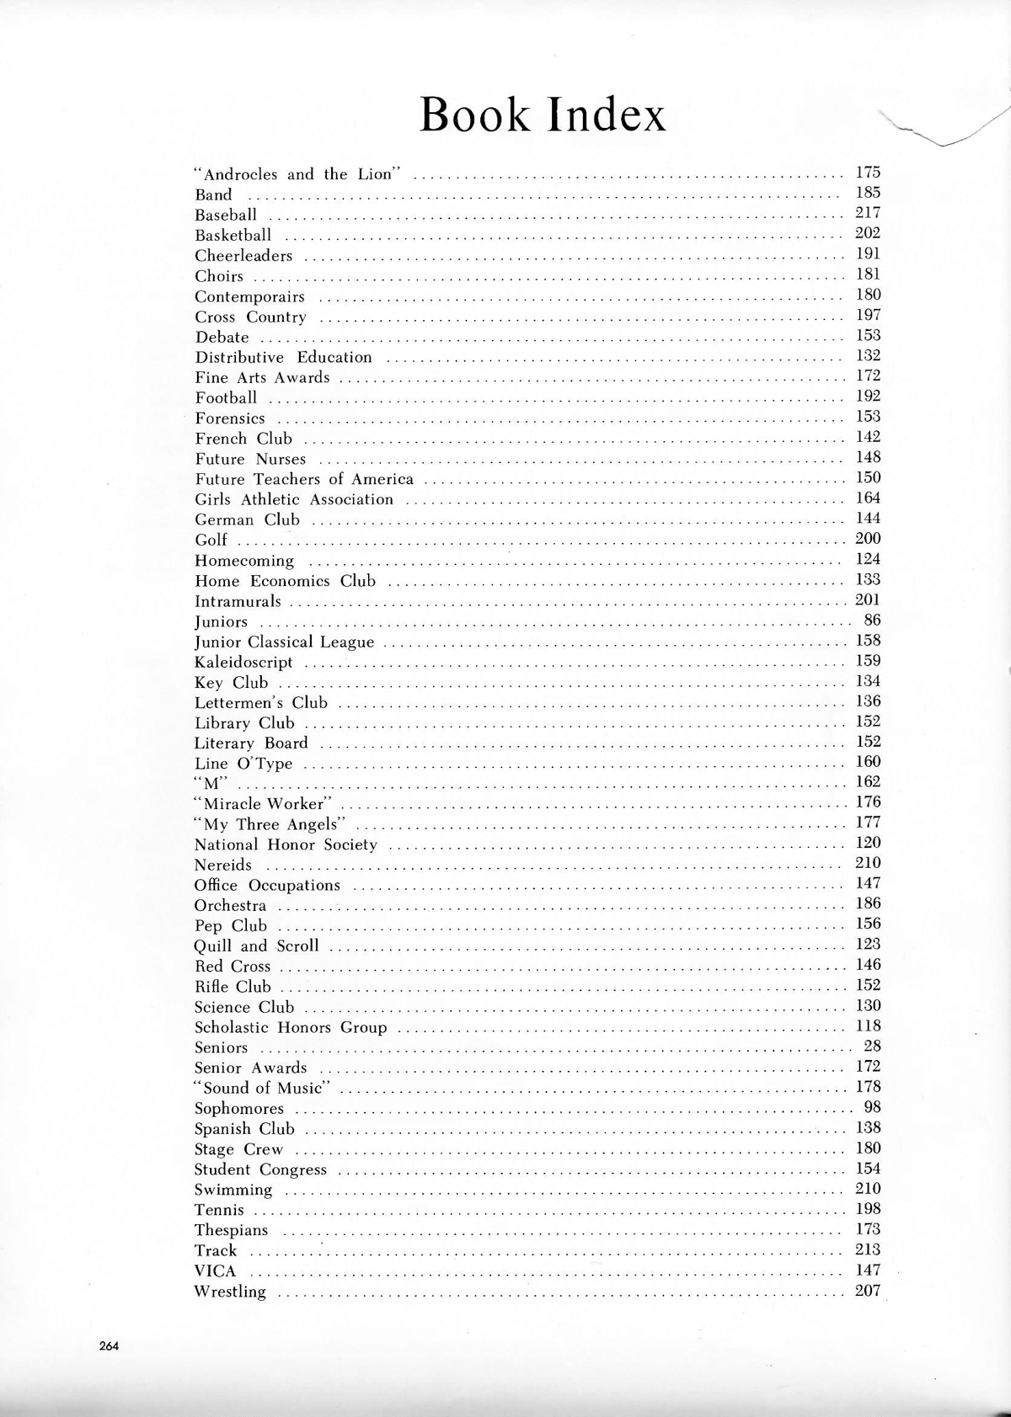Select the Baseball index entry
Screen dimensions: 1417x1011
(226, 216)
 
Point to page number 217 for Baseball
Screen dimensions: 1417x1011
(868, 213)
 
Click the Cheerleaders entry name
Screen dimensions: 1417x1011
(243, 256)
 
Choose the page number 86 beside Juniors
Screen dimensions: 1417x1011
(872, 621)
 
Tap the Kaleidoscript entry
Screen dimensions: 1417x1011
(243, 663)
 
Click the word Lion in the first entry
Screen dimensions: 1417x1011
(376, 175)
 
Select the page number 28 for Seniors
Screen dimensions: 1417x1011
(872, 1047)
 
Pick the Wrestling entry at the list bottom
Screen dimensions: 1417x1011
(230, 1292)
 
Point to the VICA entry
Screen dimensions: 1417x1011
(216, 1271)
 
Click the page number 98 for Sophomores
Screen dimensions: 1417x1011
(872, 1107)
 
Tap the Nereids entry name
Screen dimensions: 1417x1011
(223, 866)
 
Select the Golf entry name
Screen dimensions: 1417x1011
(211, 541)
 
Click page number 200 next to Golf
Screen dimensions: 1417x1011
(868, 539)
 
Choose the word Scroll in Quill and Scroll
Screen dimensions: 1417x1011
(298, 946)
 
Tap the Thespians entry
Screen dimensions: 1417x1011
(231, 1231)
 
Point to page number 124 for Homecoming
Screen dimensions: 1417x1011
(868, 559)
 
